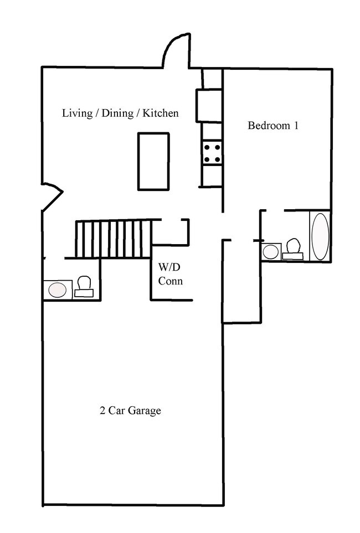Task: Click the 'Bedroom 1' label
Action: pos(273,126)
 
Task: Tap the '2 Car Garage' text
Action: pos(130,411)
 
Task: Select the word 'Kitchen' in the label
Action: pos(160,113)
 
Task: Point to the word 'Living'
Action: pos(77,113)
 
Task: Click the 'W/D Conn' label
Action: pos(170,275)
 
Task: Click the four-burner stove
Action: pos(212,153)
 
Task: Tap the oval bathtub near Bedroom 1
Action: pos(320,236)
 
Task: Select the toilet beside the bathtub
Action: pos(293,249)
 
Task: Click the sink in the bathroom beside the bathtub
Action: pos(271,251)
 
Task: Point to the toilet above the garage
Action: pos(84,287)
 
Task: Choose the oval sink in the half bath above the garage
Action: pos(58,289)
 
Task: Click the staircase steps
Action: pos(113,239)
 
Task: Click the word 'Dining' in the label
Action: pos(117,113)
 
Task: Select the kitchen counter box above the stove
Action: pos(209,105)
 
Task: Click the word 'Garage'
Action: pos(145,411)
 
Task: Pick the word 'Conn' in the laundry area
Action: pos(171,281)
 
